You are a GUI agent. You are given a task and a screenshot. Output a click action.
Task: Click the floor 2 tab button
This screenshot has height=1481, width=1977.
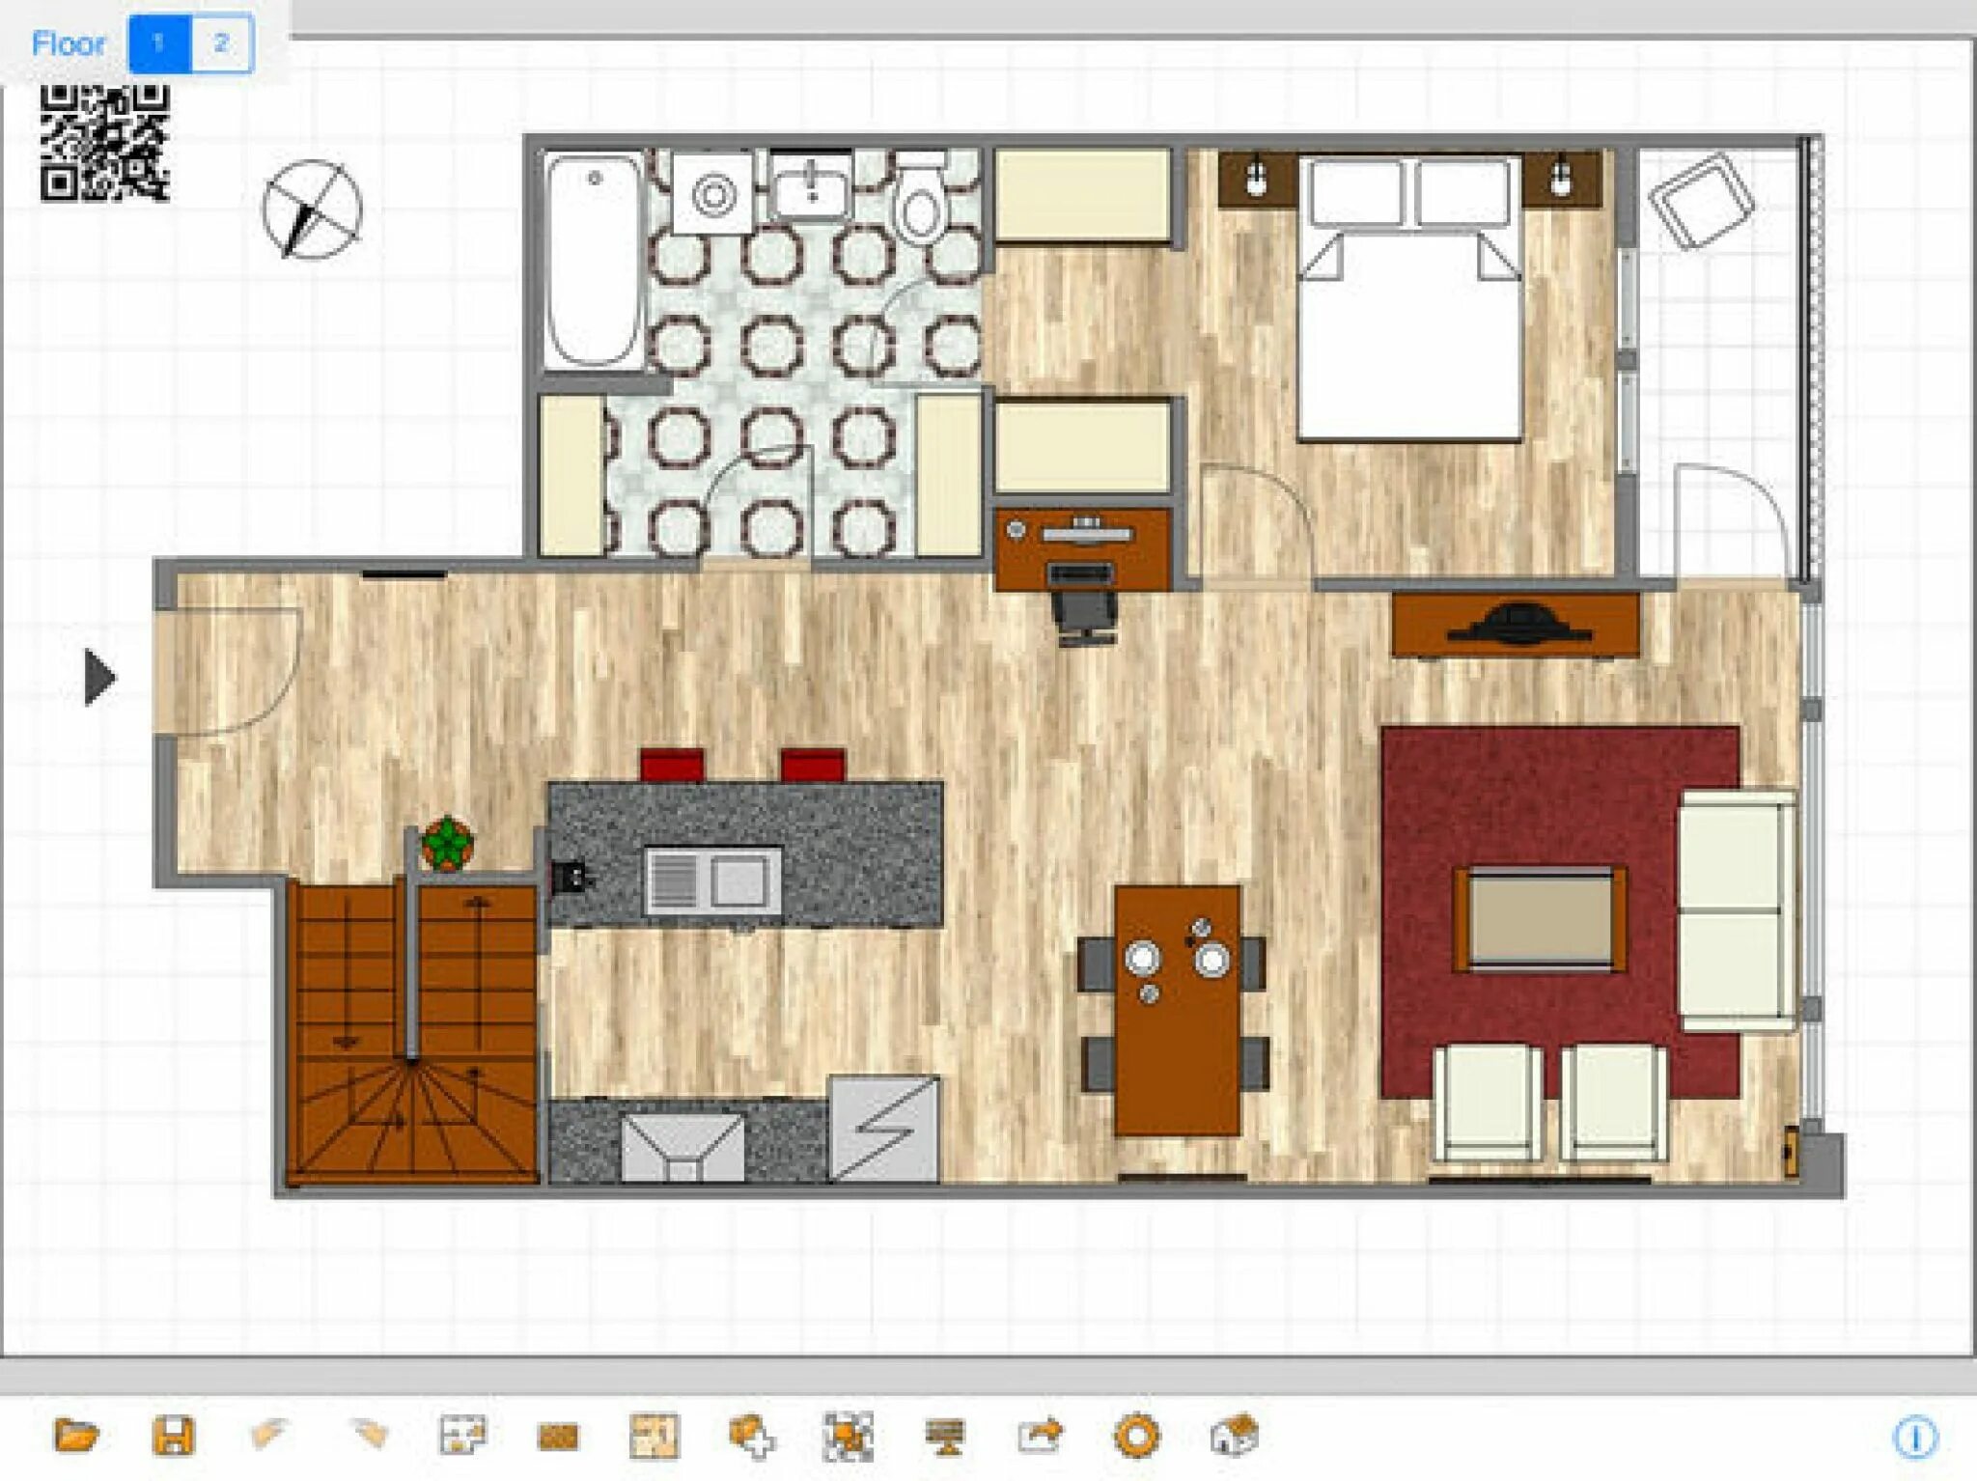tap(222, 43)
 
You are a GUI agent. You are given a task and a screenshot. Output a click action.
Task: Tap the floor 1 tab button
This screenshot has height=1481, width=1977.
tap(160, 43)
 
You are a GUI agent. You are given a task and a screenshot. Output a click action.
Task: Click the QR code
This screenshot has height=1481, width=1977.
tap(105, 143)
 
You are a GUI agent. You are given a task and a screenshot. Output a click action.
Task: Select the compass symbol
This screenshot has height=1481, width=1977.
tap(312, 210)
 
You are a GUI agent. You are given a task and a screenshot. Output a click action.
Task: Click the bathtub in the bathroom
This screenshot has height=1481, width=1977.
tap(593, 261)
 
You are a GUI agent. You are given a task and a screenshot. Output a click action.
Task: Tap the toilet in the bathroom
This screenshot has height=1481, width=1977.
tap(920, 198)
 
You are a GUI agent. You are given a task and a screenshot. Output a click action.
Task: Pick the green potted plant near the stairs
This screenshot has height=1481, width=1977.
tap(447, 844)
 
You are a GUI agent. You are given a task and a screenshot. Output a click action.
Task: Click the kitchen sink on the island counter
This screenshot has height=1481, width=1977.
tap(713, 880)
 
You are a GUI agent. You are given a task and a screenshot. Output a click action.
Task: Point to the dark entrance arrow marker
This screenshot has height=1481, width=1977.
tap(100, 677)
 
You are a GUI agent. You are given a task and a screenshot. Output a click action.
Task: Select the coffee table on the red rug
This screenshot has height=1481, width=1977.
tap(1541, 918)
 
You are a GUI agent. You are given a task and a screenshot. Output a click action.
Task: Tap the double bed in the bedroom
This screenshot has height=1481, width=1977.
tap(1410, 300)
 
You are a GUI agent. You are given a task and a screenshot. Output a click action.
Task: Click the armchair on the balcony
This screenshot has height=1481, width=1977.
tap(1701, 201)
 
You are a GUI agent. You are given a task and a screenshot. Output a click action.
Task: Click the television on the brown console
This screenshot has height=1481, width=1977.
tap(1517, 624)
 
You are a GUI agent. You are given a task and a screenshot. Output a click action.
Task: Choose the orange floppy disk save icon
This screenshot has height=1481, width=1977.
tap(174, 1436)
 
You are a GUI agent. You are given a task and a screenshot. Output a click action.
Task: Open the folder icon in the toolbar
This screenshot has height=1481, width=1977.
tap(76, 1436)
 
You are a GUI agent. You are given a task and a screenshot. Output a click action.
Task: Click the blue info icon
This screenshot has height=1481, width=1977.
tap(1915, 1438)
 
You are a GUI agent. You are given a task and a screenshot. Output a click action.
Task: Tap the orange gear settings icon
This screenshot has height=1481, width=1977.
tap(1136, 1436)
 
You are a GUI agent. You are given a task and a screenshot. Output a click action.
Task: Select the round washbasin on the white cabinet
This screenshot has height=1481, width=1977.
tap(713, 194)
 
